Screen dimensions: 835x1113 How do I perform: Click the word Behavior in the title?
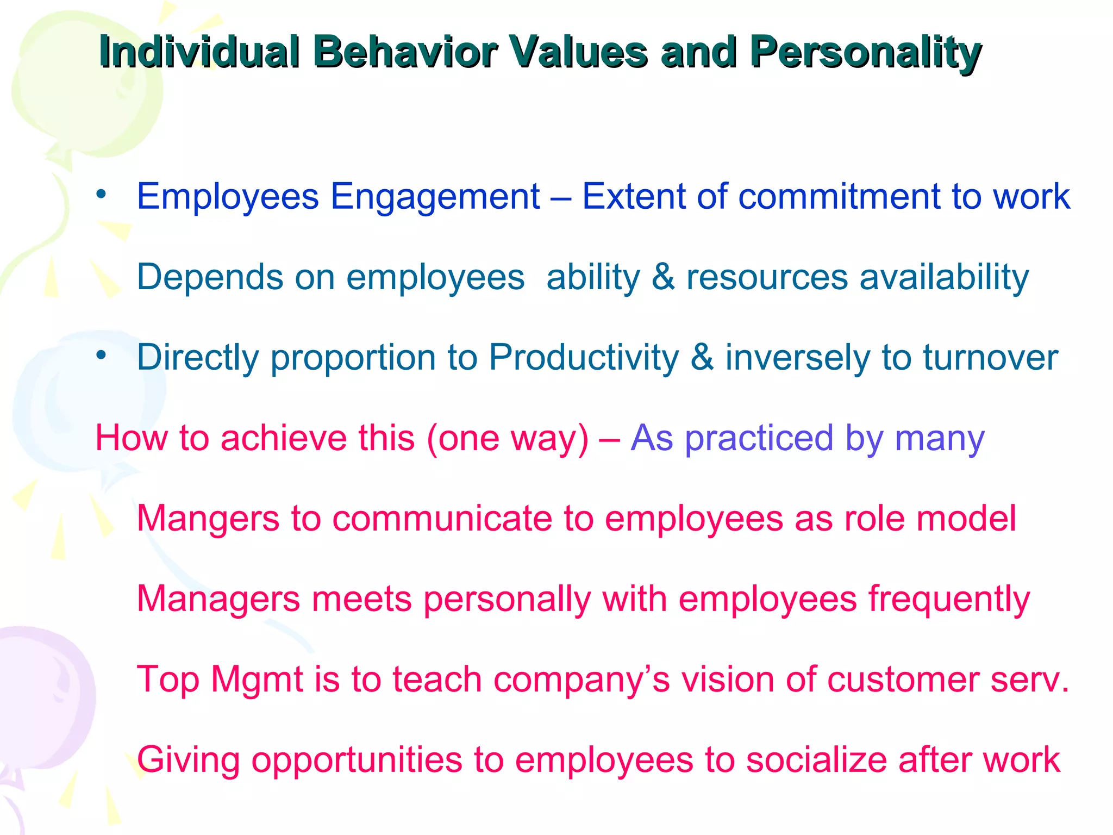point(405,53)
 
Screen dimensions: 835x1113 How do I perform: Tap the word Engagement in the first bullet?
point(435,197)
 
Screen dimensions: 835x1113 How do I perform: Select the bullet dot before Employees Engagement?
point(101,194)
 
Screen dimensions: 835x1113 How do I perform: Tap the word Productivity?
point(584,358)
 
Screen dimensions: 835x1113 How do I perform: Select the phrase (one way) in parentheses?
point(508,438)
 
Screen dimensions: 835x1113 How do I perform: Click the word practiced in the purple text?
point(759,438)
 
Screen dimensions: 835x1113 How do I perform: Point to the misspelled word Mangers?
point(208,519)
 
